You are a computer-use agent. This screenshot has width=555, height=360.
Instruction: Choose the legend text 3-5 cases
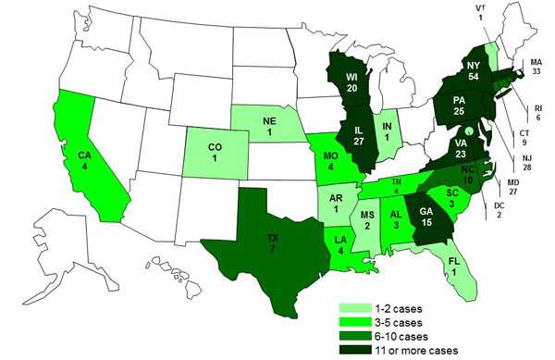coord(396,319)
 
